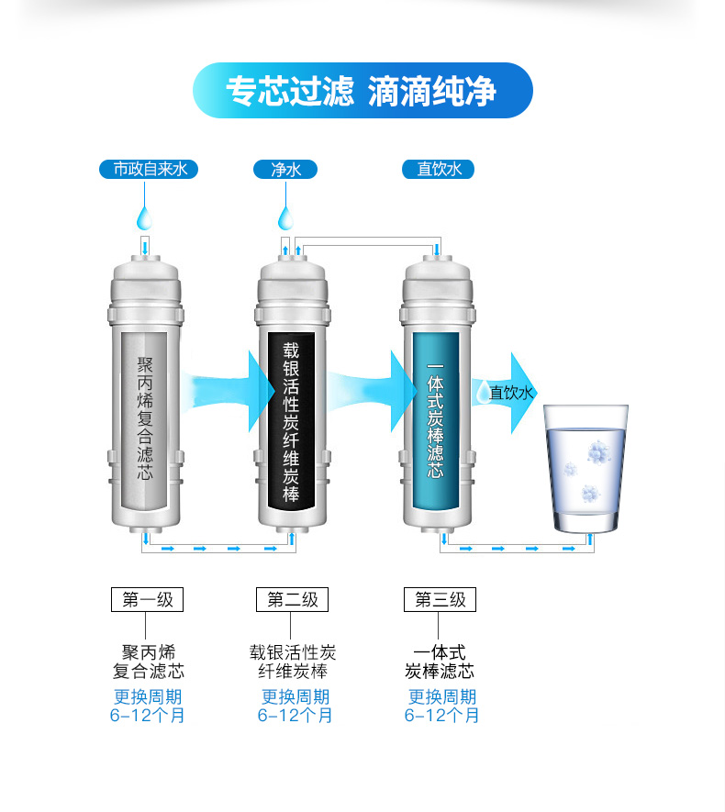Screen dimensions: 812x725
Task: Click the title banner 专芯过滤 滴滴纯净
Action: [x=362, y=91]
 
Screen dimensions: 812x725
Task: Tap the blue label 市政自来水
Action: [x=148, y=169]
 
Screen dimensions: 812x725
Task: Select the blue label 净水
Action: [x=285, y=169]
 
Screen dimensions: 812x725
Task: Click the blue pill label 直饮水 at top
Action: [x=438, y=169]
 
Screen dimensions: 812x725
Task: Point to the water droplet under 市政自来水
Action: [x=145, y=217]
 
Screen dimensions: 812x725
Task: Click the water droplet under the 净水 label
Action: [x=285, y=217]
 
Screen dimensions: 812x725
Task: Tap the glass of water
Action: [x=586, y=468]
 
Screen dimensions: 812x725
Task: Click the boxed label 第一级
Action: [x=147, y=599]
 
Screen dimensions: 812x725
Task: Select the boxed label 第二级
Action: [x=292, y=599]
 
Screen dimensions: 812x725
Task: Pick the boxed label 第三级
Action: [x=440, y=599]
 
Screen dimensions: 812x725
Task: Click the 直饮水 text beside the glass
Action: [x=510, y=393]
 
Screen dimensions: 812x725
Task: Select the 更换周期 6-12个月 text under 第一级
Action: [x=147, y=706]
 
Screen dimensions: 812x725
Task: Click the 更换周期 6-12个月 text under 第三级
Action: [x=441, y=706]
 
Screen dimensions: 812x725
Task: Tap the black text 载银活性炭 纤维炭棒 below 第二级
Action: [x=293, y=662]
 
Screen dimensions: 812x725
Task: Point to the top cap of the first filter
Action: [x=146, y=275]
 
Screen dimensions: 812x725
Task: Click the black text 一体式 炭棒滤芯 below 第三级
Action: [x=440, y=662]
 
